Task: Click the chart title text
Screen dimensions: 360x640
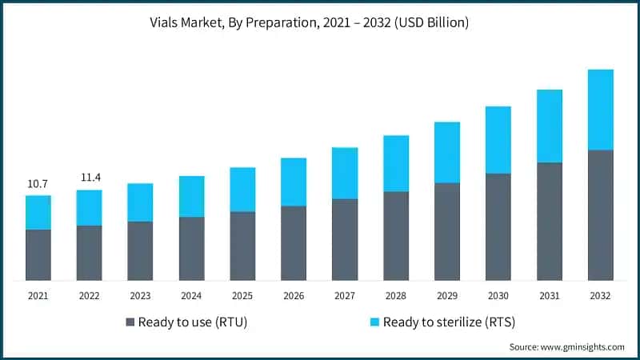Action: coord(320,23)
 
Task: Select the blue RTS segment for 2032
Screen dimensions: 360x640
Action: coord(601,110)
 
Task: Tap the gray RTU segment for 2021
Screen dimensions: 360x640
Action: coord(38,254)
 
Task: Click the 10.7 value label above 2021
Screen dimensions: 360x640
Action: coord(38,184)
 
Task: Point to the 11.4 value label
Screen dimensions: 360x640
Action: coord(89,178)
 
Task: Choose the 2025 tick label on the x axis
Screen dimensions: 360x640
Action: coord(242,296)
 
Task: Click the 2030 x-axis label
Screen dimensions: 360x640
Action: coord(498,296)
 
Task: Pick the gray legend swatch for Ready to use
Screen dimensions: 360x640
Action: coord(130,322)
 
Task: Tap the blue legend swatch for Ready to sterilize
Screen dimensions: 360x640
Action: coord(374,322)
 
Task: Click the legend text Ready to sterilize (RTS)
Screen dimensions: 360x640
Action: coord(448,322)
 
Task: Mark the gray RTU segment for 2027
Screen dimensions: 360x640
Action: coord(345,239)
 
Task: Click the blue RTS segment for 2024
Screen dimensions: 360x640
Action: coord(191,196)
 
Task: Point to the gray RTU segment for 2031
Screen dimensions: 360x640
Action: coord(550,221)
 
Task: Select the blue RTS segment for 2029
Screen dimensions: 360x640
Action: coord(447,152)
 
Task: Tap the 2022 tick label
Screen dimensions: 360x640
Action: coord(89,296)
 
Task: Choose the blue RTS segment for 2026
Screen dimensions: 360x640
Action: coord(294,182)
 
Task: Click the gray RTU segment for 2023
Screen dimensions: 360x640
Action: coord(140,250)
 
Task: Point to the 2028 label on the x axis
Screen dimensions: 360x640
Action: coord(396,296)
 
